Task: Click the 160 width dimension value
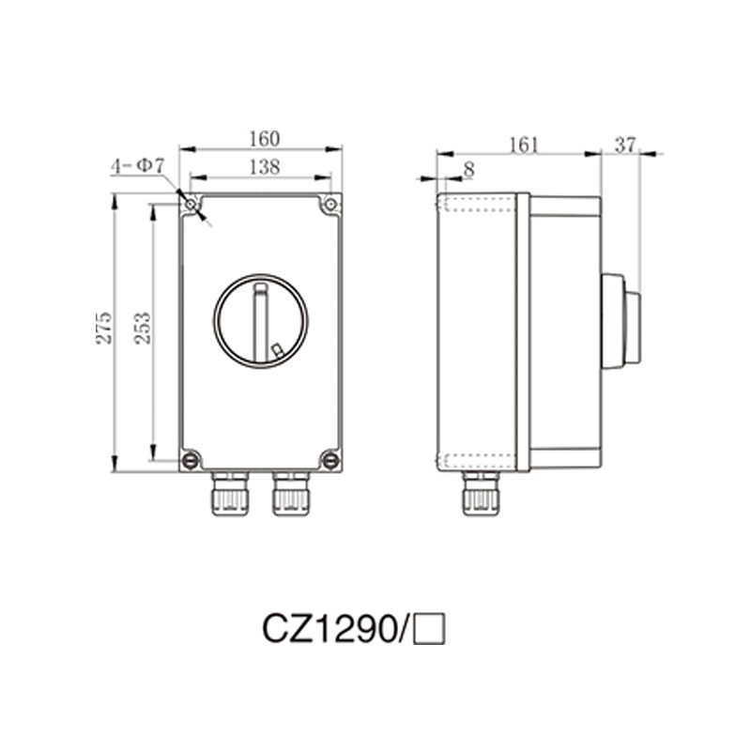264,139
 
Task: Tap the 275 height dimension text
104,328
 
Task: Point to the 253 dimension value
142,328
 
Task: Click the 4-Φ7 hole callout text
137,165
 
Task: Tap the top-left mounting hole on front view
191,205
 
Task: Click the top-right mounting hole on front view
330,205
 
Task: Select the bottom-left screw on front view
191,460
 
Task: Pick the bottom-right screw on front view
330,460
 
